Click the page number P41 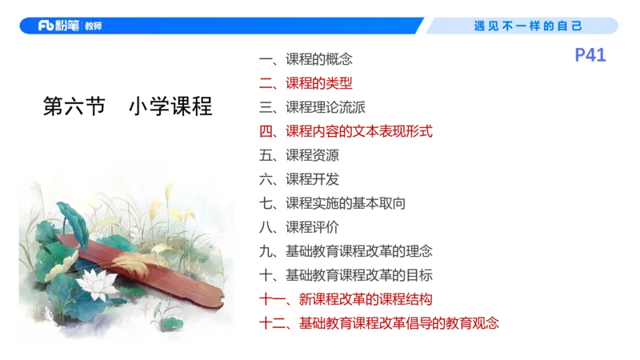click(x=590, y=55)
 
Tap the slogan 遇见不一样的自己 click(x=528, y=26)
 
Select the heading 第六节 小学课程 click(x=127, y=106)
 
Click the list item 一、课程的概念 click(x=306, y=59)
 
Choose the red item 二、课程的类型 click(x=306, y=83)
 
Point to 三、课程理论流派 click(x=312, y=107)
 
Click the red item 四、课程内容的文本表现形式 click(x=346, y=131)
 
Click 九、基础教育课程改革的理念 click(x=346, y=251)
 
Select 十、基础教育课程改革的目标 click(x=346, y=275)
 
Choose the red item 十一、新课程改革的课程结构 click(x=346, y=300)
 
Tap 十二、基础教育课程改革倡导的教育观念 click(x=379, y=324)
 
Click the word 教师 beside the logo click(x=92, y=26)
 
